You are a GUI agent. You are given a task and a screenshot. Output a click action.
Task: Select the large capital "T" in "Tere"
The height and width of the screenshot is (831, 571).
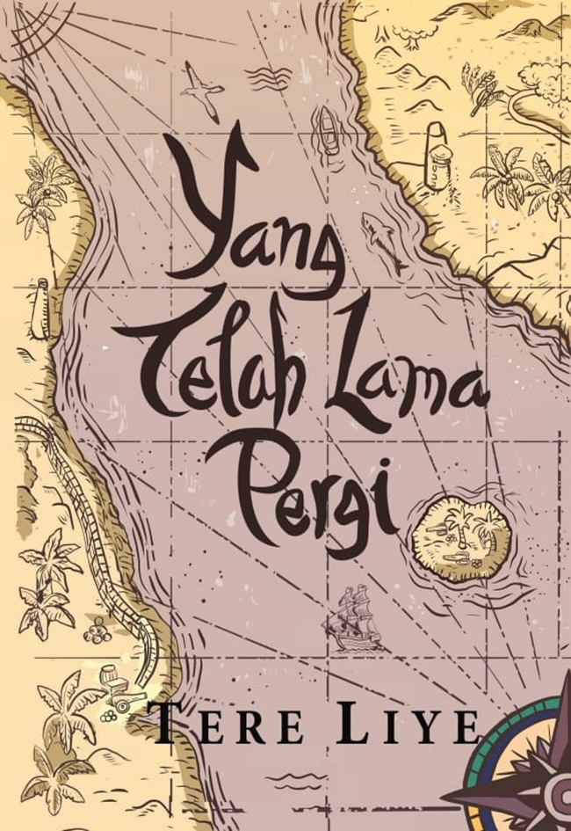click(168, 727)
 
